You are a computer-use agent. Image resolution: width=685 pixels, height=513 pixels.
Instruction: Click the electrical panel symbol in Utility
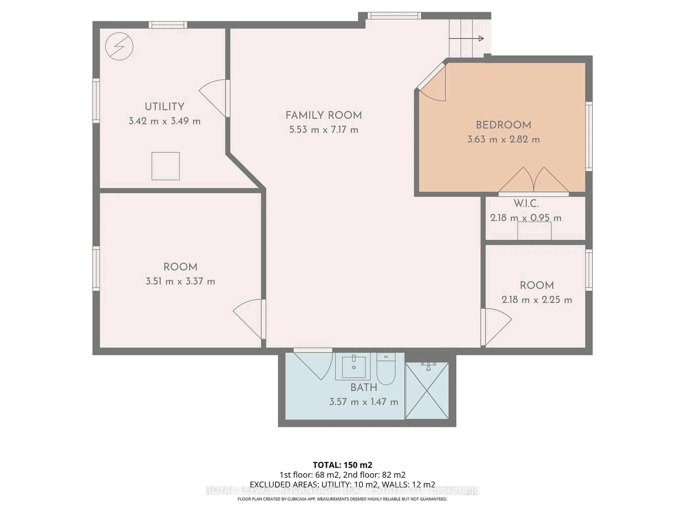(x=119, y=46)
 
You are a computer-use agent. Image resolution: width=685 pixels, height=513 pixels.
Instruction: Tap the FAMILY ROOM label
(x=324, y=115)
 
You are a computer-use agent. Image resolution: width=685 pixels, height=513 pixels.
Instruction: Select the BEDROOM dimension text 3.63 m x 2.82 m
(x=503, y=139)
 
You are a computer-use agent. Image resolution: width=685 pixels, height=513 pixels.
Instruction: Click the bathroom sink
(x=353, y=367)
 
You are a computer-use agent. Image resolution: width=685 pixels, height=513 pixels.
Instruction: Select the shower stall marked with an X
(x=427, y=391)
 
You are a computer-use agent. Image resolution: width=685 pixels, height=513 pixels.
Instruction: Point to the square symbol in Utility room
(x=165, y=166)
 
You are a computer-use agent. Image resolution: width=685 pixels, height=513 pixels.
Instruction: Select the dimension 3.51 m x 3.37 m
(x=180, y=281)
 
